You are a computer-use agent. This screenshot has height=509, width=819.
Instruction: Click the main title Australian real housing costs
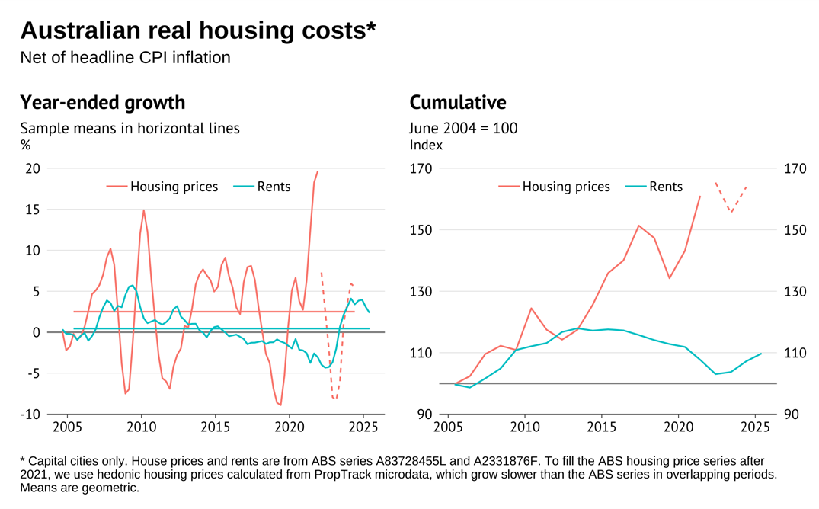(x=198, y=30)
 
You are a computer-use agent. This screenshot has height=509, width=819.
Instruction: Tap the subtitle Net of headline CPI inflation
(x=125, y=58)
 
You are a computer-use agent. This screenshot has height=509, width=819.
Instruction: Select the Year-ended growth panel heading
(x=102, y=102)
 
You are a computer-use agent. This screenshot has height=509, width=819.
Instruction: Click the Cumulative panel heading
(x=457, y=102)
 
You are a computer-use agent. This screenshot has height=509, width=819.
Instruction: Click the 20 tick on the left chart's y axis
(x=33, y=168)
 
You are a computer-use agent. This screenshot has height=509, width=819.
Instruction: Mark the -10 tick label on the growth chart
(x=30, y=415)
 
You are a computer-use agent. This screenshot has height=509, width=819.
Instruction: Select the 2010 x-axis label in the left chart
(x=141, y=428)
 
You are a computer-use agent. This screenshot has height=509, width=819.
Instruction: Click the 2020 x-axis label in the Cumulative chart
(x=679, y=428)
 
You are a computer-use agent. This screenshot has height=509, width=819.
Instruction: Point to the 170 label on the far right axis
(x=795, y=168)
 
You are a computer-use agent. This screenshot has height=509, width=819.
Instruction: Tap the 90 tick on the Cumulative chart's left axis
(x=424, y=415)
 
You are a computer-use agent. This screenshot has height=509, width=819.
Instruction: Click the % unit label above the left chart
(x=25, y=145)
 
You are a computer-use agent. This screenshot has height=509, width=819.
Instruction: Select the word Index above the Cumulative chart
(x=426, y=145)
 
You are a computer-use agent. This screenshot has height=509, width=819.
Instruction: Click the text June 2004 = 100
(x=463, y=128)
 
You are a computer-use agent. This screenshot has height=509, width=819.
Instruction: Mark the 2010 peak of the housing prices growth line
(x=143, y=210)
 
